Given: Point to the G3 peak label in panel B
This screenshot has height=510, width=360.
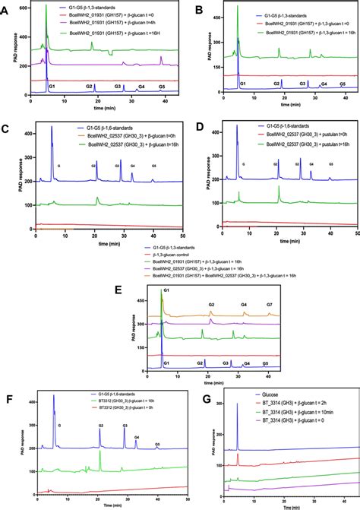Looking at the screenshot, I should coord(302,83).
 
